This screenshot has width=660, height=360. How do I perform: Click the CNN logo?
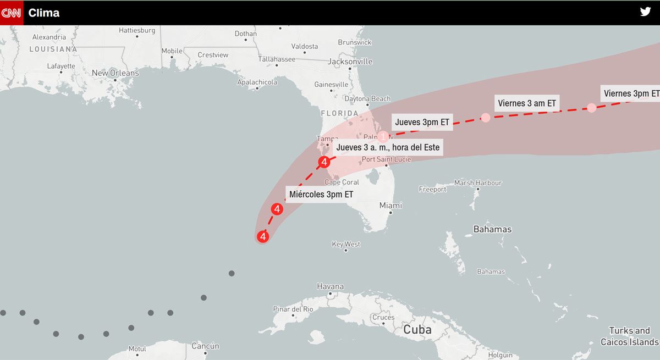12,13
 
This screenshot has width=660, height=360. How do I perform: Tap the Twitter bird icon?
645,12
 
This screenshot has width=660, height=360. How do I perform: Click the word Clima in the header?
44,13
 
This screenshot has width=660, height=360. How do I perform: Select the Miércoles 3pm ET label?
321,194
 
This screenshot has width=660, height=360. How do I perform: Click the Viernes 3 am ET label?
527,103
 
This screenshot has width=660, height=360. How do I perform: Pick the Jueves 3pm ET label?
422,122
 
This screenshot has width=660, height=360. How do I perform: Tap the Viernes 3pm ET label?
631,93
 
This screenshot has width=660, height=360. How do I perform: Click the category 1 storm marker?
383,136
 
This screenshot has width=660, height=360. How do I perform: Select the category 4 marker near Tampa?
324,162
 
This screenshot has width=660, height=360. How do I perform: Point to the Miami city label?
391,206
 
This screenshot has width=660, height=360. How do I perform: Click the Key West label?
346,244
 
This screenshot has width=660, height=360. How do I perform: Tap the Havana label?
331,286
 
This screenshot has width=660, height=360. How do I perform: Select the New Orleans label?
116,73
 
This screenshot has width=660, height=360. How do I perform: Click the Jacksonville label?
350,62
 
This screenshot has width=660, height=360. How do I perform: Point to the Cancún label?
206,346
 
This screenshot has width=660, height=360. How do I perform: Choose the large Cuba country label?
417,330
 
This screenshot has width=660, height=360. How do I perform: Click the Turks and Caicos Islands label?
629,336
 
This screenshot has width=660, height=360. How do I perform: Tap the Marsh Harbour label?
478,183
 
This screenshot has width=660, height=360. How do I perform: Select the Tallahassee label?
277,59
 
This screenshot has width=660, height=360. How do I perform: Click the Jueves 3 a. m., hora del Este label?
388,147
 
